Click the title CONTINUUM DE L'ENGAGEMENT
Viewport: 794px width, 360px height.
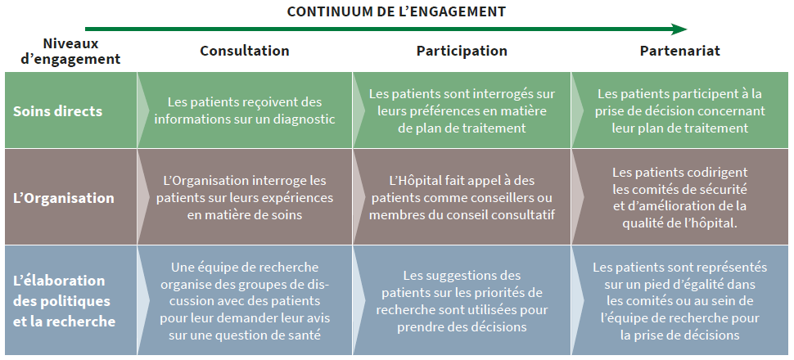(396, 11)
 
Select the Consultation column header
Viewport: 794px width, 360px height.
(245, 51)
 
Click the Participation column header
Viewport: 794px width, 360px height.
(462, 51)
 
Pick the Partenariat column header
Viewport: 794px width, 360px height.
(680, 51)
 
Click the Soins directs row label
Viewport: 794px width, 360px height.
(58, 111)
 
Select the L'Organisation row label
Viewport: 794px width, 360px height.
(63, 197)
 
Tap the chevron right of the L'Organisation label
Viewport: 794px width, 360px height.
(144, 196)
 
